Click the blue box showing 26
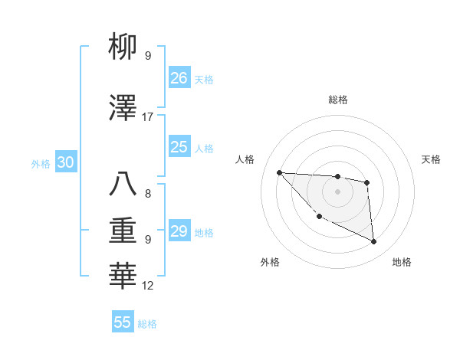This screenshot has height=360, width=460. tap(179, 77)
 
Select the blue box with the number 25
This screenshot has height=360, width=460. tap(179, 147)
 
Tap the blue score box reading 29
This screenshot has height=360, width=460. tap(179, 231)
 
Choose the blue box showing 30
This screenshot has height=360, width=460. tap(65, 162)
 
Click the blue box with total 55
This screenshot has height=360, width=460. tap(123, 322)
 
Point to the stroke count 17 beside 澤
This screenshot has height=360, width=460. tap(148, 117)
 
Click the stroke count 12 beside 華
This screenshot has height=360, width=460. tap(148, 286)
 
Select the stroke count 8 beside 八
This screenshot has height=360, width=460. tap(148, 194)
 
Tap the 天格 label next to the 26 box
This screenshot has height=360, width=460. tap(204, 79)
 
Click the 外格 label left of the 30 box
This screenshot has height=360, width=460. tap(41, 163)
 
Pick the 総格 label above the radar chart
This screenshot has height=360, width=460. tap(337, 100)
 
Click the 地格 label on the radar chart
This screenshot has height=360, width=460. tap(402, 263)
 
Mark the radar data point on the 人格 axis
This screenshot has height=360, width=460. tap(279, 172)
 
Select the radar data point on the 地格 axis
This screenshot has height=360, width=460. tap(374, 242)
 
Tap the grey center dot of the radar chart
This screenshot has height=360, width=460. tap(337, 191)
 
